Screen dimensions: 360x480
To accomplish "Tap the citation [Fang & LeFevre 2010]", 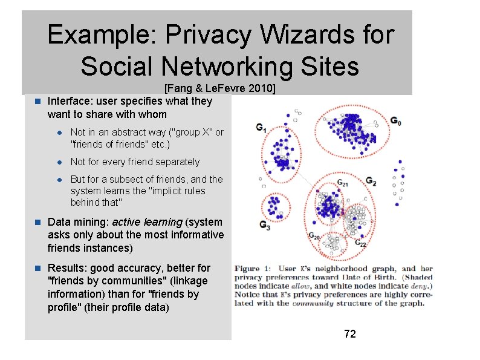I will tap(220, 89).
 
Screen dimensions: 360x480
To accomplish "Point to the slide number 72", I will tap(349, 333).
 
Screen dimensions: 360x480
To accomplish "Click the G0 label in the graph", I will tap(395, 120).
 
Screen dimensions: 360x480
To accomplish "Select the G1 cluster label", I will tap(261, 128).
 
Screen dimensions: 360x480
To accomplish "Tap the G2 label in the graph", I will tap(371, 182).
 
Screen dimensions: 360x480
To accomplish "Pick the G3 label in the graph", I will tap(265, 224).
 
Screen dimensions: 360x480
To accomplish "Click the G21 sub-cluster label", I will tap(342, 182).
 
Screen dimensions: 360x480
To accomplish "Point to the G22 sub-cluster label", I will tap(360, 243).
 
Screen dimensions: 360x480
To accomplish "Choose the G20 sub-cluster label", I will tap(314, 236).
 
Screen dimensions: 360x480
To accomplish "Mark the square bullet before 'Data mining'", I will tap(37, 222).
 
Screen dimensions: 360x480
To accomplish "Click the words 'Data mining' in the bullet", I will tap(74, 222).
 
